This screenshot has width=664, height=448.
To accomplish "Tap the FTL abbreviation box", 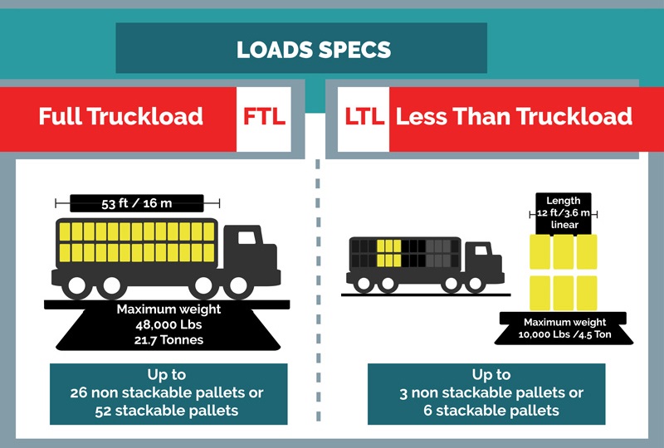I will point(264,117).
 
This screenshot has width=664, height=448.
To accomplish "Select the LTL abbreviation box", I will point(364,117).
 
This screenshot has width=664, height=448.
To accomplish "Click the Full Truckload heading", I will point(121,116).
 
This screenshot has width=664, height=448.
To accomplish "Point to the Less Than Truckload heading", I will point(514,117).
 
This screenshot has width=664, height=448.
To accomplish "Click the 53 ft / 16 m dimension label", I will point(137,202).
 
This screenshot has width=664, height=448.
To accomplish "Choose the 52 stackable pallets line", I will point(168,411).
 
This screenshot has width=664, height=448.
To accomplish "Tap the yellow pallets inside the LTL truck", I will point(388,253).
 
